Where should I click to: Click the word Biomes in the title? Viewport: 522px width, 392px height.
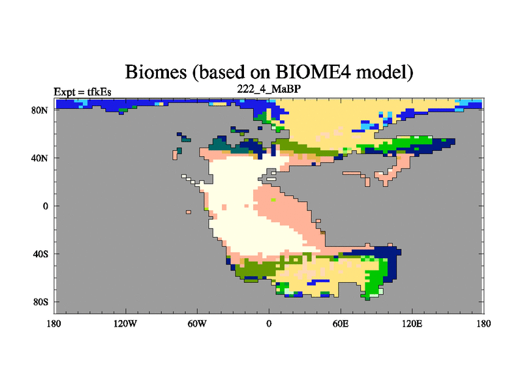(x=156, y=72)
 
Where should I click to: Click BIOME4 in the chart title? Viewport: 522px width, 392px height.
(x=313, y=72)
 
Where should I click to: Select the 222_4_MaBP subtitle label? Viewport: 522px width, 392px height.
(x=269, y=89)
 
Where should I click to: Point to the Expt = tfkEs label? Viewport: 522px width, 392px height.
(x=83, y=92)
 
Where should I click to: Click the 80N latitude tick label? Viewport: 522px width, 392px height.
(x=40, y=110)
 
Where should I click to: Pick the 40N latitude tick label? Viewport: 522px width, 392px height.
(x=40, y=158)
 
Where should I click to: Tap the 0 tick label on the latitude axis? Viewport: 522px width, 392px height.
(x=45, y=206)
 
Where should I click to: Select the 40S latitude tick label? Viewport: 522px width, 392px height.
(x=40, y=254)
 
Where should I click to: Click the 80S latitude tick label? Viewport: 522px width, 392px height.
(x=40, y=302)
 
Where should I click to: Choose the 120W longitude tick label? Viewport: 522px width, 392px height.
(x=125, y=323)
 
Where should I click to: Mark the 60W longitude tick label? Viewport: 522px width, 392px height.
(x=197, y=323)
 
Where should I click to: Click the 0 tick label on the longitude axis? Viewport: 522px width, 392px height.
(x=269, y=323)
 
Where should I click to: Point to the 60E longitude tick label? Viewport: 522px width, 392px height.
(x=341, y=323)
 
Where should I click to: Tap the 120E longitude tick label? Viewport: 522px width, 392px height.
(x=412, y=323)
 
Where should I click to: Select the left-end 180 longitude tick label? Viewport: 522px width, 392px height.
(x=54, y=323)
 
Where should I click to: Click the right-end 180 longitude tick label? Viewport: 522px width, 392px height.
(x=484, y=323)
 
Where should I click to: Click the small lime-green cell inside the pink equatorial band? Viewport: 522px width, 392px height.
(x=273, y=200)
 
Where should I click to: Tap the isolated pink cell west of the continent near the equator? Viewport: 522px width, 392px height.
(x=189, y=212)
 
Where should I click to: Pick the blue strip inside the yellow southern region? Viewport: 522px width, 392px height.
(x=318, y=282)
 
